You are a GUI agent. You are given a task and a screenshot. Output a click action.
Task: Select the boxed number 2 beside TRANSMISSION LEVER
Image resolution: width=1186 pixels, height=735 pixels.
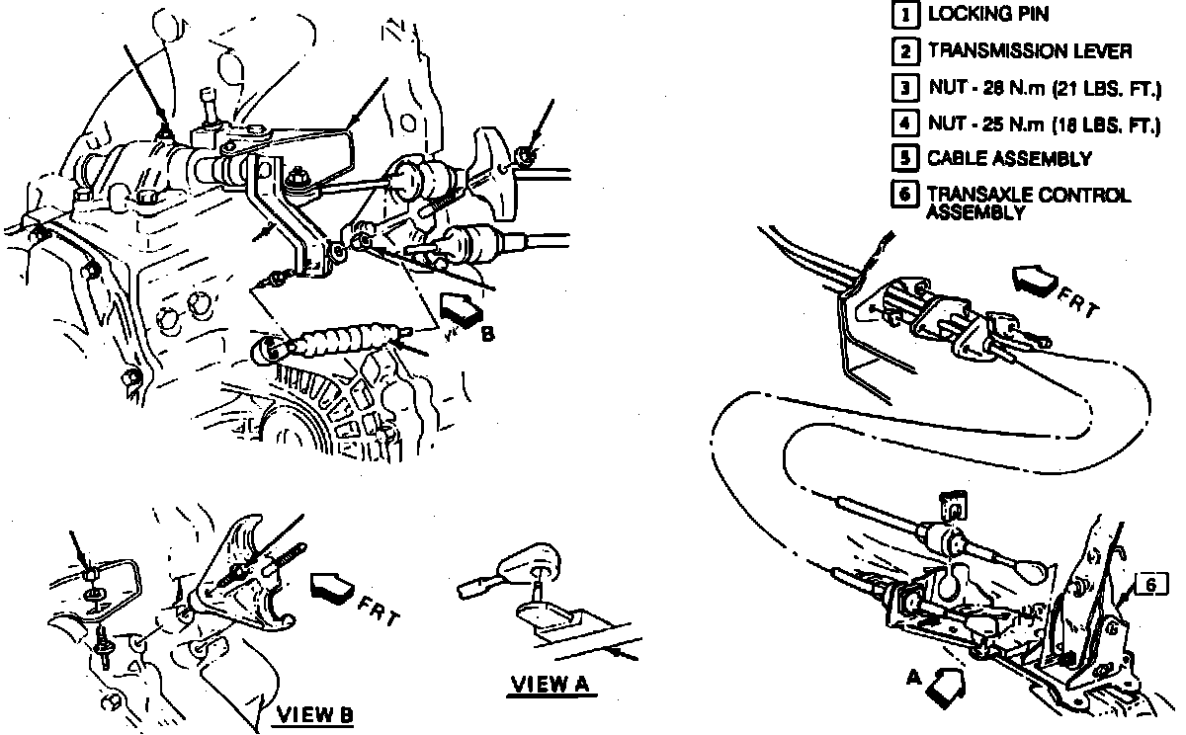click(901, 50)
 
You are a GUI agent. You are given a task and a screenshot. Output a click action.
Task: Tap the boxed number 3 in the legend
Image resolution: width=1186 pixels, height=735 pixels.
click(901, 87)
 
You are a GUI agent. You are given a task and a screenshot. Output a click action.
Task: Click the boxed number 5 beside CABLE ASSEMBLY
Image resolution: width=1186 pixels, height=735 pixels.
click(901, 158)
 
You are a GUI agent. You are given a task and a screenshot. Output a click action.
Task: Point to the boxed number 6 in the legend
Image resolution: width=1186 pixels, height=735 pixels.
click(901, 194)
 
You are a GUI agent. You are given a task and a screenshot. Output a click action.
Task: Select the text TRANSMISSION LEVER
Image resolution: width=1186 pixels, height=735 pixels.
click(1029, 50)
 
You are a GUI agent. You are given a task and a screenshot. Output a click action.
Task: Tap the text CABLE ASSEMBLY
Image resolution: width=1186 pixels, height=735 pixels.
click(1008, 158)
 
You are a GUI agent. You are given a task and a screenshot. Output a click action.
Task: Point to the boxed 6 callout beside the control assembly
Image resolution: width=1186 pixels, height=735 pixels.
click(1149, 585)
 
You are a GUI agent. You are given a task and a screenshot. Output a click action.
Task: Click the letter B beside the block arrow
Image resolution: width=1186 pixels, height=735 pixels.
click(487, 334)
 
